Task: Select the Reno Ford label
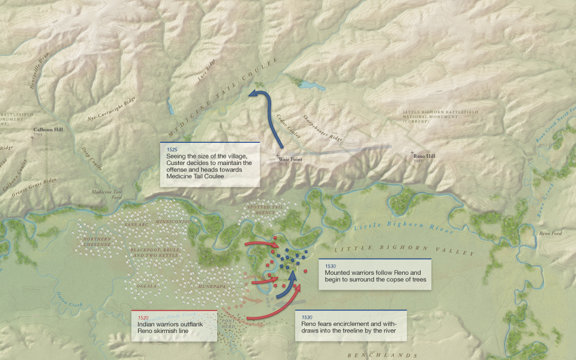(x=549, y=233)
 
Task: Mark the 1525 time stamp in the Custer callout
(x=172, y=148)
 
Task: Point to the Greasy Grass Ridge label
(x=34, y=184)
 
